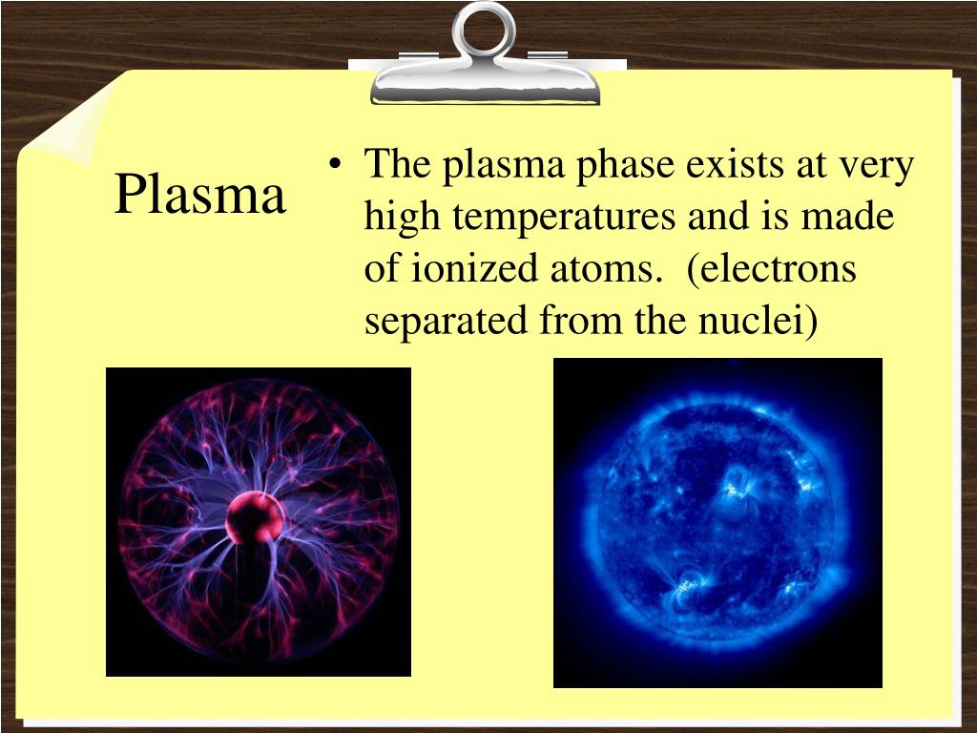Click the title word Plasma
point(200,196)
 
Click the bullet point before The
point(335,167)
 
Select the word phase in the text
point(624,165)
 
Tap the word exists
point(737,165)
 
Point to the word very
point(876,167)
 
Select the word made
point(847,218)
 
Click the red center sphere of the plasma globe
point(255,518)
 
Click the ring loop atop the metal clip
point(484,29)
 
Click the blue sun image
point(717,522)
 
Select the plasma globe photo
point(258,522)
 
